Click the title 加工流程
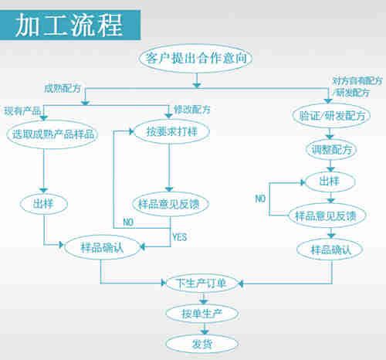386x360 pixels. coord(69,25)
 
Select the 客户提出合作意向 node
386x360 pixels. coord(197,58)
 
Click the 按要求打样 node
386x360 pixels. coord(169,131)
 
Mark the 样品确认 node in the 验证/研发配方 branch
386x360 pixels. coord(330,250)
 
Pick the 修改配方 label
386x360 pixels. coord(188,108)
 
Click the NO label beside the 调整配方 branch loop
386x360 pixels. coord(261,199)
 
